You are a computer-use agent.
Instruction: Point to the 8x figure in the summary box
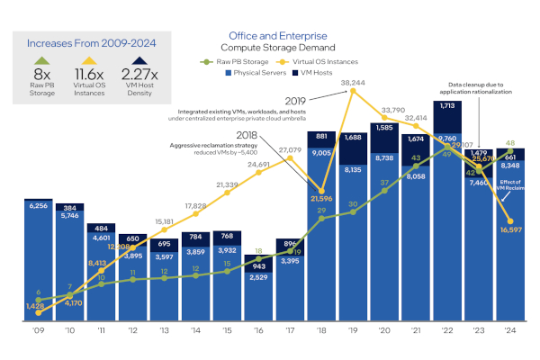tap(42, 74)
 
